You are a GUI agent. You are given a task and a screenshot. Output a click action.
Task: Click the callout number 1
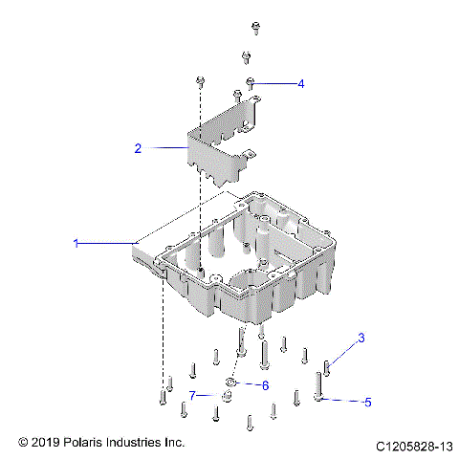point(76,245)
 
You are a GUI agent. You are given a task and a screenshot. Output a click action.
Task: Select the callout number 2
point(138,148)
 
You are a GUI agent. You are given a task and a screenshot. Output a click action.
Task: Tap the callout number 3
point(361,338)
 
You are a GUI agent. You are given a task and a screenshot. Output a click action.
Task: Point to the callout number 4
point(301,84)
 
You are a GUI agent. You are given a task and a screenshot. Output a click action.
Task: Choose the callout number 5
point(366,403)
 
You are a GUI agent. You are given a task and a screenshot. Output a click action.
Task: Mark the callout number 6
point(266,384)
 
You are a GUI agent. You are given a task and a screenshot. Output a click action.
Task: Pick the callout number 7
point(192,394)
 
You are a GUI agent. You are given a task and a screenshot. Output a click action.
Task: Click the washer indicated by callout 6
point(230,382)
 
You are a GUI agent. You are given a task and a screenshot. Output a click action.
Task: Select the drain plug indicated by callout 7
point(228,396)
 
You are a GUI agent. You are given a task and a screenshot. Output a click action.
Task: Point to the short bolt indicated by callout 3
point(327,366)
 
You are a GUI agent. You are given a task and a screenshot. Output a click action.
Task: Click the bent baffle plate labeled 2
point(220,143)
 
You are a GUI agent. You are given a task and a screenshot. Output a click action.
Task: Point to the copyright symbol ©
point(24,443)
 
